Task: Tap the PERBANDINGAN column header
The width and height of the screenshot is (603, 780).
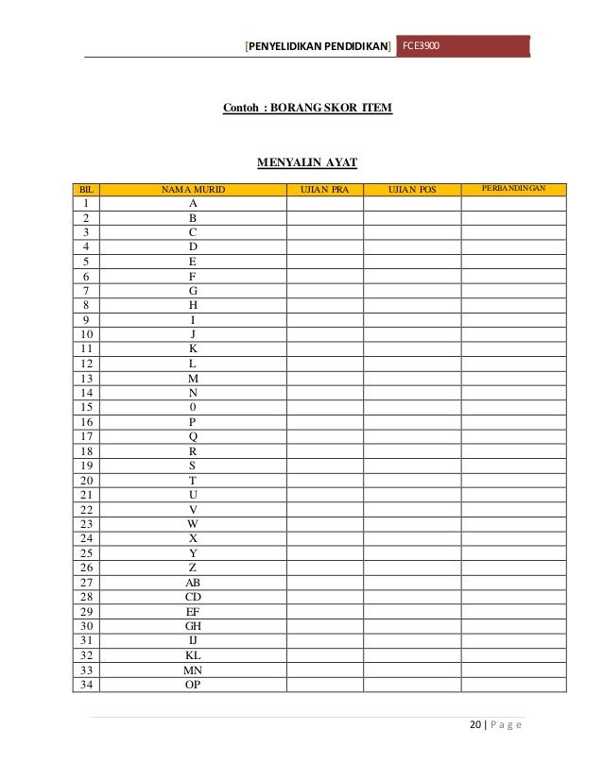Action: (x=513, y=190)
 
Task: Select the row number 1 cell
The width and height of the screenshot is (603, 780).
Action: (x=86, y=203)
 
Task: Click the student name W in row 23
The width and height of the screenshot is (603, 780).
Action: (x=193, y=524)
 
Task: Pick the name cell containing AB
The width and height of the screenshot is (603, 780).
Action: (x=193, y=583)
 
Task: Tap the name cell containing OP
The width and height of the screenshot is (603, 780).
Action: (x=193, y=685)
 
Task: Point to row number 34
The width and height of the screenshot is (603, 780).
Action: (x=86, y=685)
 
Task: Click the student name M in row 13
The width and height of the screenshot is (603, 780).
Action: (x=193, y=378)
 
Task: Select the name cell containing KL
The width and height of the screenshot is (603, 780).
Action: (x=193, y=655)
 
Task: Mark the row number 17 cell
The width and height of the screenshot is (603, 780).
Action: (x=86, y=436)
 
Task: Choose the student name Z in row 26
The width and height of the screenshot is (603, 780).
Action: (x=193, y=568)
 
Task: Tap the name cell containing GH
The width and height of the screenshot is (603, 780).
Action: (x=193, y=626)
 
